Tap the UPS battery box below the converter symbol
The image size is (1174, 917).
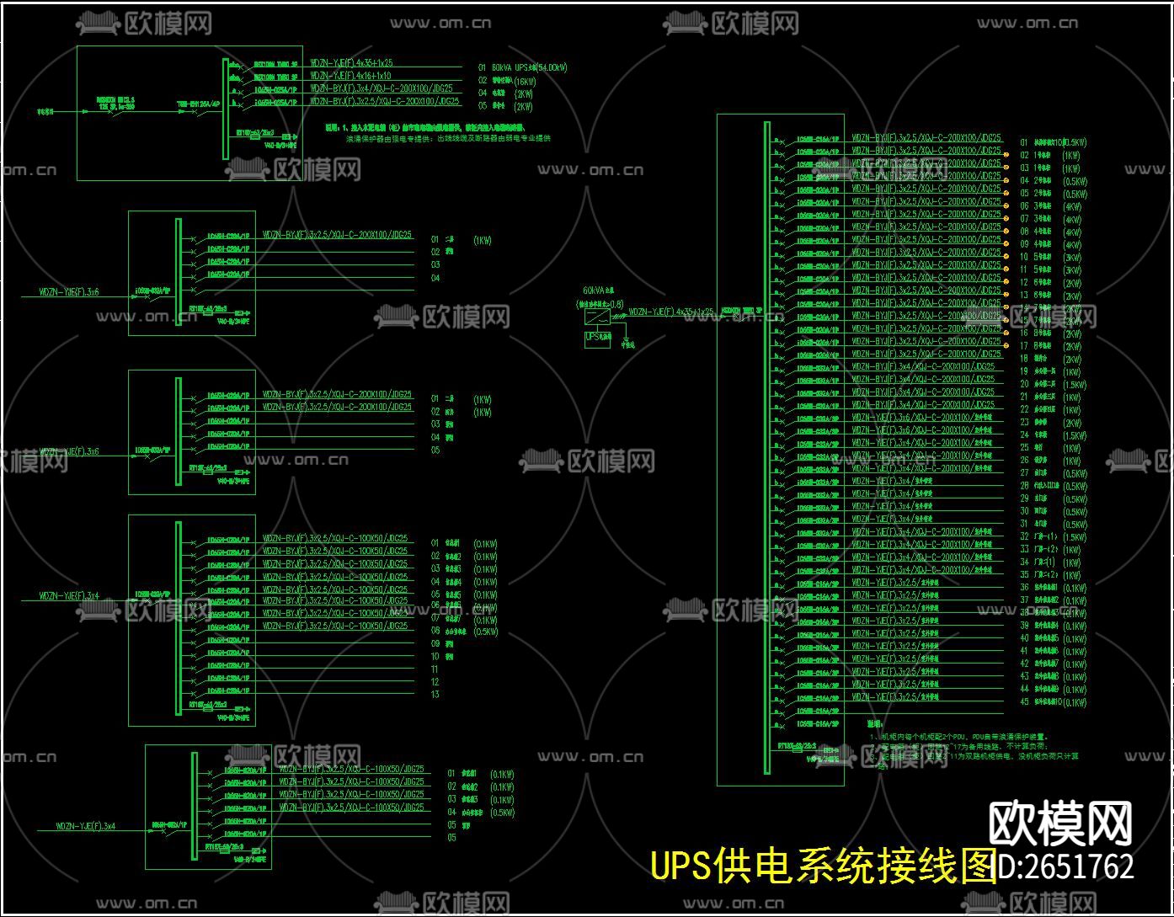point(597,338)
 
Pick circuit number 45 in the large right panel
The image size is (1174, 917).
point(1024,701)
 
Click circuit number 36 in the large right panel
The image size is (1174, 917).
point(1024,587)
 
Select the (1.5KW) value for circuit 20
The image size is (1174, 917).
point(1074,385)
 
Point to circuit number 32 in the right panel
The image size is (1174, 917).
point(1024,536)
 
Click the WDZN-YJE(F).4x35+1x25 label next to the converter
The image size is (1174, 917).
point(670,312)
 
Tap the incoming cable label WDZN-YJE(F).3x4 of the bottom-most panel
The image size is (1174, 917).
point(85,826)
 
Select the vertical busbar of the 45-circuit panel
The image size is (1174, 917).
point(766,446)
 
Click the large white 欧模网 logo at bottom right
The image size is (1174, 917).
point(1059,823)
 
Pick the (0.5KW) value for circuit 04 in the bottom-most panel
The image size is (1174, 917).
point(503,813)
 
